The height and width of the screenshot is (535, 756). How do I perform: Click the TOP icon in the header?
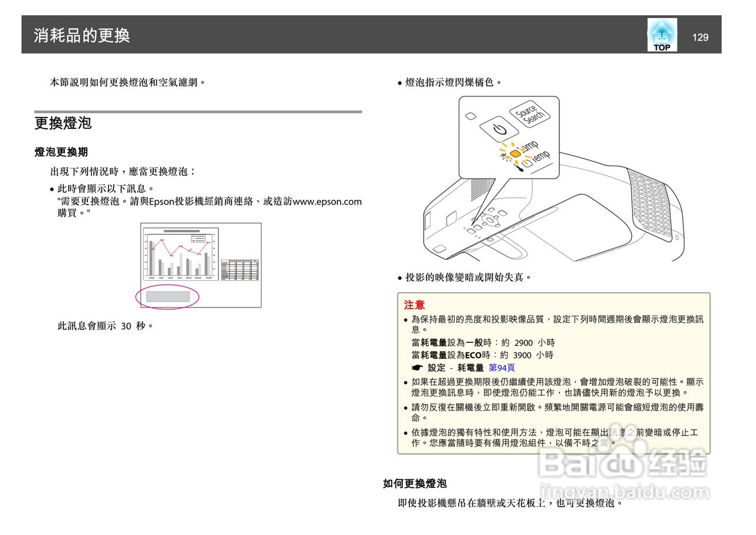pos(661,35)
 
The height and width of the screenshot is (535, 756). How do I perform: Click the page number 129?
pos(700,37)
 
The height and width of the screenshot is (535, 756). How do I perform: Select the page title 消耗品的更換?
pos(82,35)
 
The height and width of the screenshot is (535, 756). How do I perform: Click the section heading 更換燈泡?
pos(63,124)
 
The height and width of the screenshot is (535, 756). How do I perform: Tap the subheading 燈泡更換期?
pos(61,152)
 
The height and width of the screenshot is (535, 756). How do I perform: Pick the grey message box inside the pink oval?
pos(168,296)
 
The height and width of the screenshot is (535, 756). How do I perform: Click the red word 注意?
pos(414,305)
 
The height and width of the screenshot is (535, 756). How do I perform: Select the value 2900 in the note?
pos(523,343)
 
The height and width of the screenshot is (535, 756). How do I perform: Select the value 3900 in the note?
pos(522,355)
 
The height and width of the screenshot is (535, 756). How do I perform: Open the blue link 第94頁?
pos(501,368)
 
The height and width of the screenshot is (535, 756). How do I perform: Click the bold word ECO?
pos(474,355)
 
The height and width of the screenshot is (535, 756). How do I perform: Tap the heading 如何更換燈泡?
pos(415,484)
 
